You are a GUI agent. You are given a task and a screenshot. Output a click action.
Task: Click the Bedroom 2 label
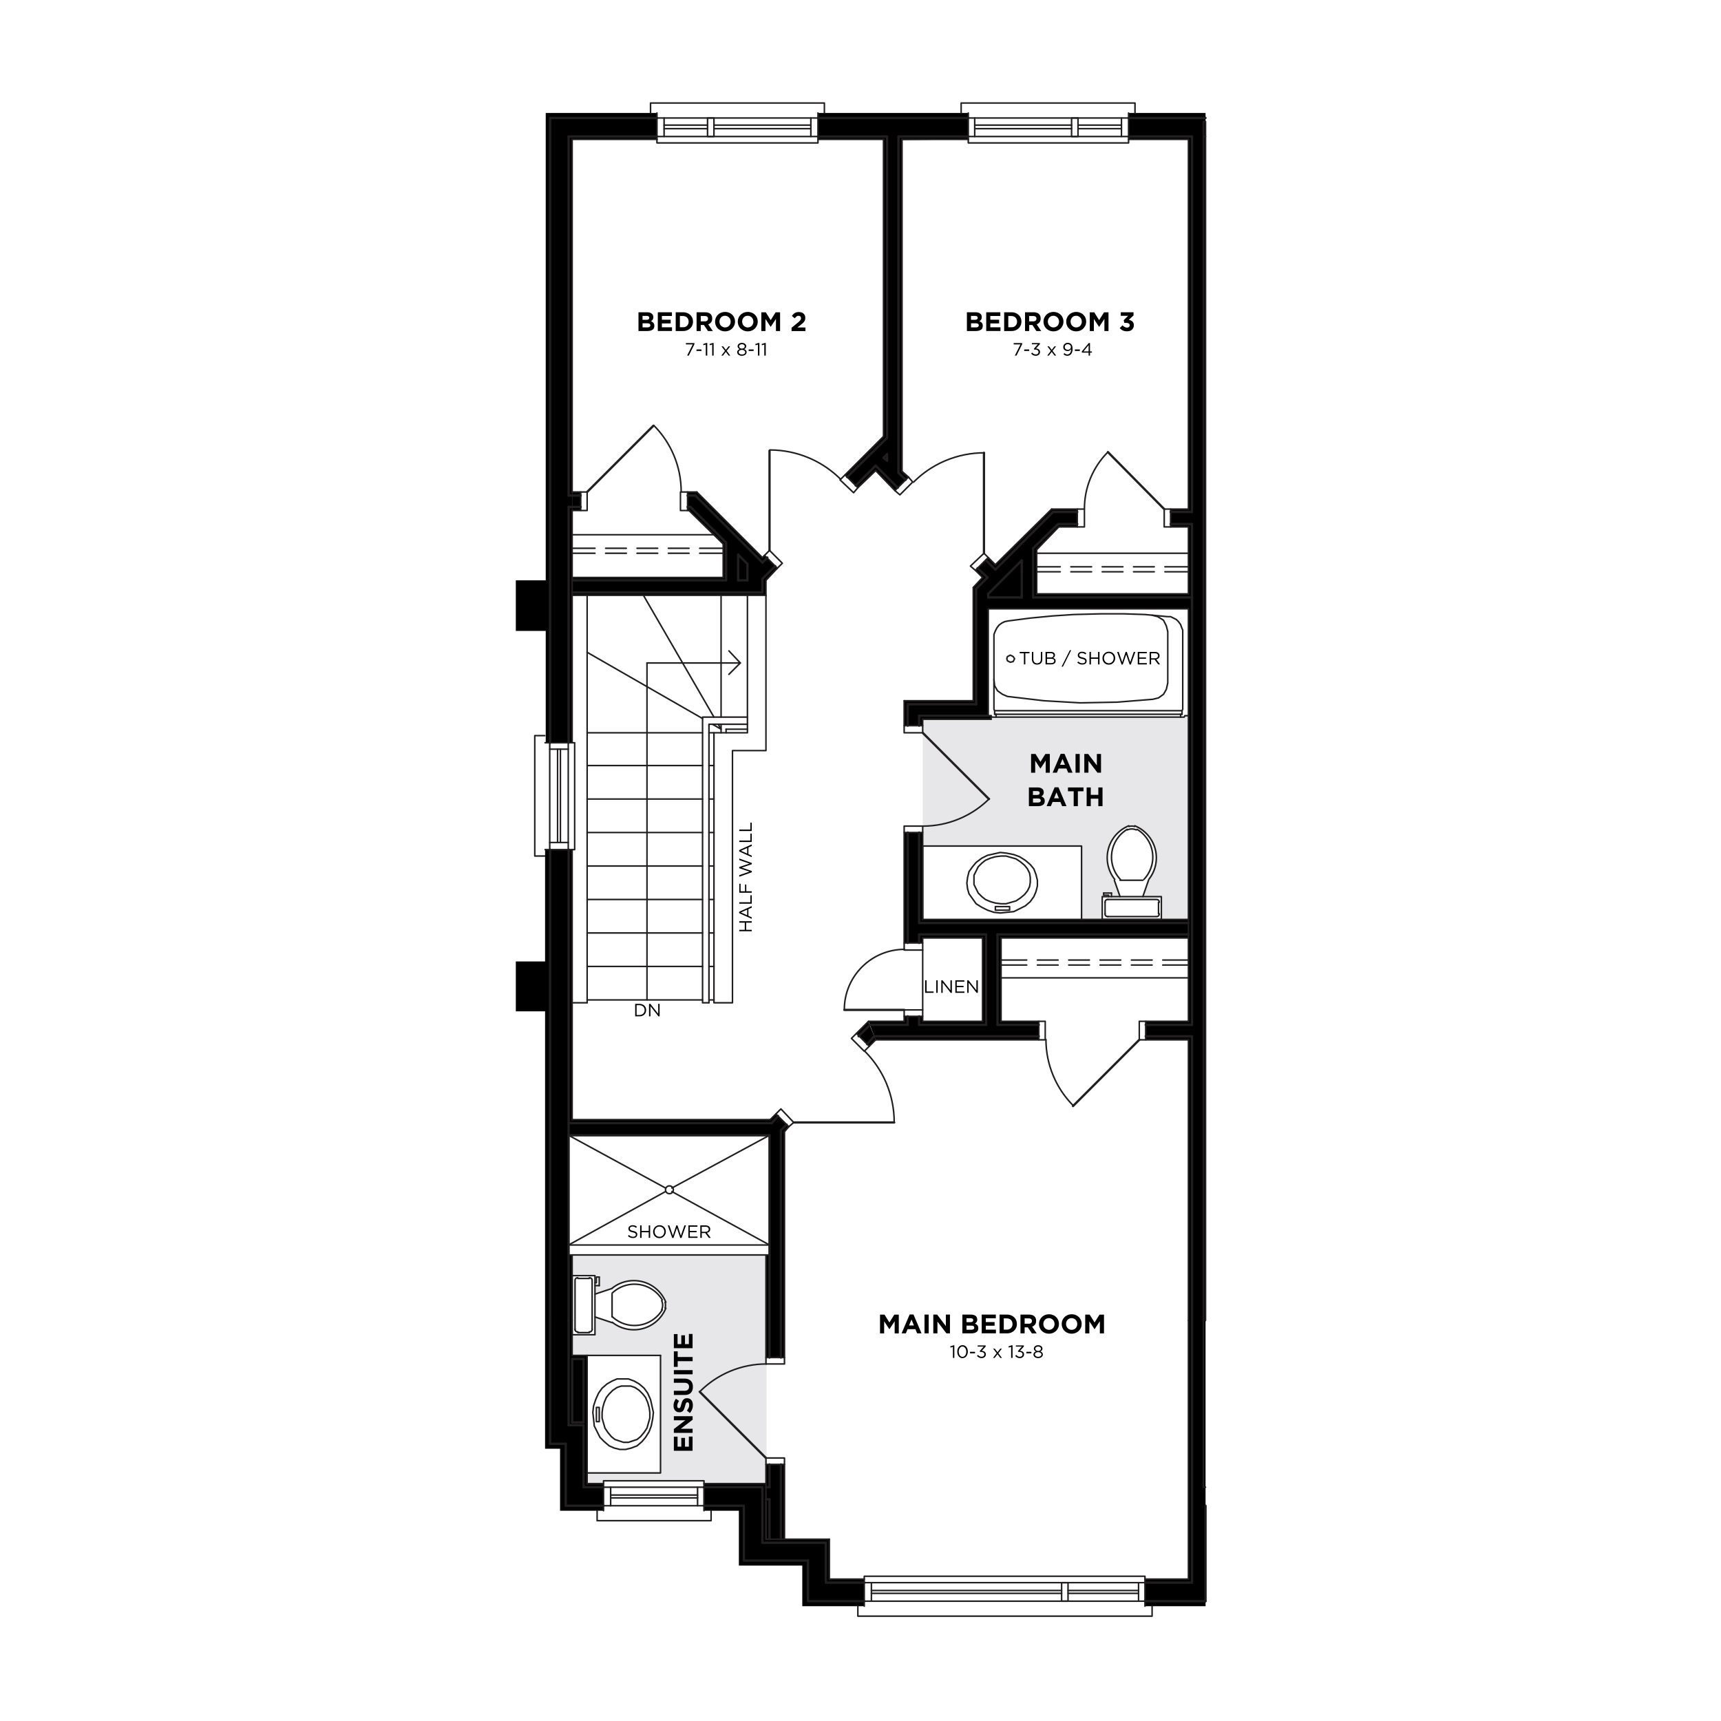pyautogui.click(x=721, y=321)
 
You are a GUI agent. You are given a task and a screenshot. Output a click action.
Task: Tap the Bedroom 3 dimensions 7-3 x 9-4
pyautogui.click(x=1052, y=350)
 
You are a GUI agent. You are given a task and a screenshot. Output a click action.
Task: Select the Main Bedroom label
pyautogui.click(x=991, y=1324)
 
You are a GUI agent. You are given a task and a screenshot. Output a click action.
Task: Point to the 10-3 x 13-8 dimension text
pyautogui.click(x=996, y=1352)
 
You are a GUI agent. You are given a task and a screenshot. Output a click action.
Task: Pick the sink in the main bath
pyautogui.click(x=1002, y=883)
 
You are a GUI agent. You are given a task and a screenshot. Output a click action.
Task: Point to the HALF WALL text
pyautogui.click(x=746, y=878)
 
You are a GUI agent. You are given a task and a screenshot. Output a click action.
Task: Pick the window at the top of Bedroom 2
pyautogui.click(x=737, y=123)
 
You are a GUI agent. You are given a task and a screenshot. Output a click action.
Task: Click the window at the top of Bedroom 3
pyautogui.click(x=1048, y=123)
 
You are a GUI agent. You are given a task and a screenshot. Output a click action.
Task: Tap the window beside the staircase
pyautogui.click(x=555, y=794)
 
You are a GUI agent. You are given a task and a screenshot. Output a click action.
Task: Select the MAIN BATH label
pyautogui.click(x=1066, y=781)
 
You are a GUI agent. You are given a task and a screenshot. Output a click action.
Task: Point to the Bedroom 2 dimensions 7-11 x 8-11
pyautogui.click(x=726, y=350)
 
